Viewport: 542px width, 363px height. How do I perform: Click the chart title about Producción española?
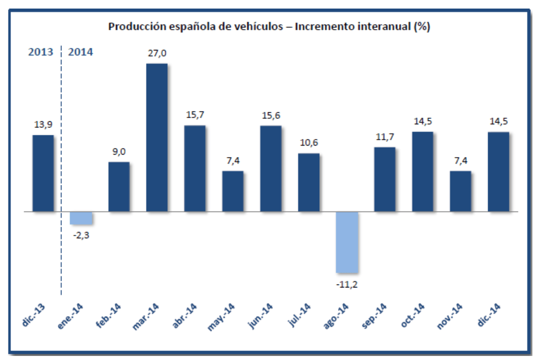(x=269, y=27)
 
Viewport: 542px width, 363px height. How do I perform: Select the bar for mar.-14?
(x=157, y=137)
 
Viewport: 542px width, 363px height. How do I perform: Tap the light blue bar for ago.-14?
(x=347, y=242)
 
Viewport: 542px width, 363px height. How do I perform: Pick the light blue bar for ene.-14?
(x=81, y=217)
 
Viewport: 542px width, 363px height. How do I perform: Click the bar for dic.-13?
(x=43, y=173)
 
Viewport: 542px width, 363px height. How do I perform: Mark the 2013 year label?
(x=41, y=52)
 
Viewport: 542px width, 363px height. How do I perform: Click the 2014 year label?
(x=81, y=52)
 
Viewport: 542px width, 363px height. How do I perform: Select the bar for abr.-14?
(x=194, y=168)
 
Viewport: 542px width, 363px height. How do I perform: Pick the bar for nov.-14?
(x=460, y=191)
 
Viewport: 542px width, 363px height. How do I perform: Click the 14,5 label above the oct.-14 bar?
(x=423, y=122)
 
